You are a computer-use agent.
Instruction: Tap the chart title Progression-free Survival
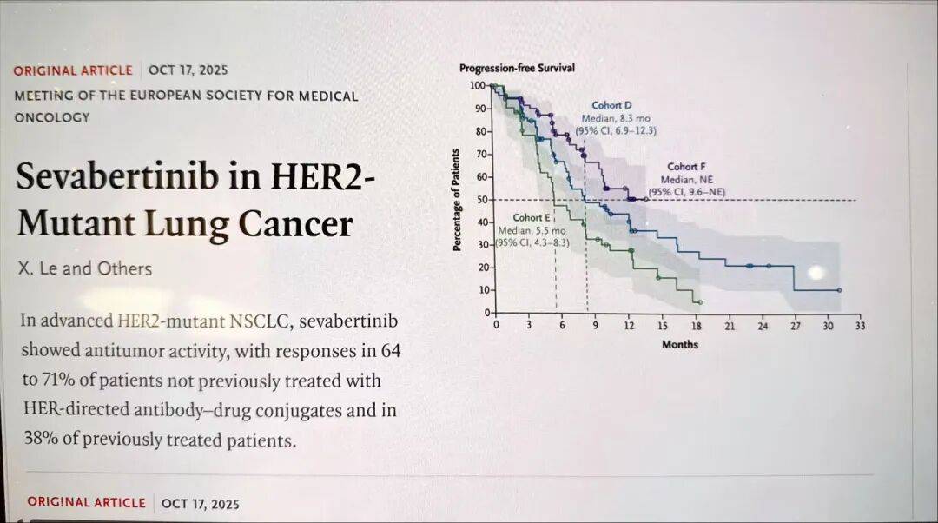[517, 69]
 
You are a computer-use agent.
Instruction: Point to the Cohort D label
[612, 105]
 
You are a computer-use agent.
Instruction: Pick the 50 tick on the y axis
[480, 201]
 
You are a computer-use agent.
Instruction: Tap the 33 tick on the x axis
[860, 326]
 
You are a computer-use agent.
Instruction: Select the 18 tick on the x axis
[696, 326]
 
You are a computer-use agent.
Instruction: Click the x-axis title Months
[679, 344]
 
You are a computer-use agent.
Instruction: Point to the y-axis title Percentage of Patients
[456, 201]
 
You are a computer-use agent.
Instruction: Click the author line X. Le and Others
[84, 268]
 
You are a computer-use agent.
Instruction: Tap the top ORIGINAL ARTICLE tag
[73, 70]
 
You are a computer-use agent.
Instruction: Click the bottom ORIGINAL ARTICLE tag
[86, 502]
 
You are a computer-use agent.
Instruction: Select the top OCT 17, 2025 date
[188, 70]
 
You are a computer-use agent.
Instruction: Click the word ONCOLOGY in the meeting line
[52, 117]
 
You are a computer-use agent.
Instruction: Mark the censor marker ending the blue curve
[839, 290]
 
